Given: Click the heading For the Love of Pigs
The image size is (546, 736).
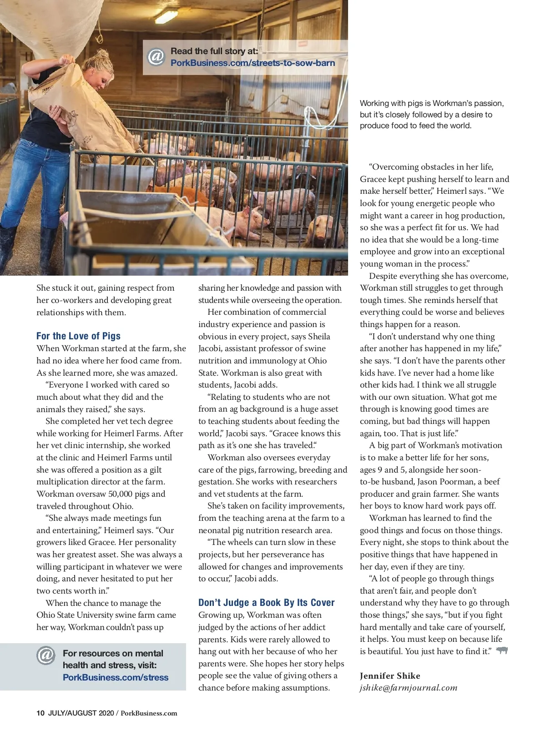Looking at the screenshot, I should tap(78, 336).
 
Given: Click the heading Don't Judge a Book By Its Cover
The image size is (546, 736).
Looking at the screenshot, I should tap(266, 603).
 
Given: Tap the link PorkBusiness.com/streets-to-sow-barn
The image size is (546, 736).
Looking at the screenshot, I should tap(253, 63).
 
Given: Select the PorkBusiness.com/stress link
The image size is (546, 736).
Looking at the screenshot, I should tap(116, 677).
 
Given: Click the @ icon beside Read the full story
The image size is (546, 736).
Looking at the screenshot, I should tap(156, 57).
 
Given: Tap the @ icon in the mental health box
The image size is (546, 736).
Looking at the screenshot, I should tap(46, 655).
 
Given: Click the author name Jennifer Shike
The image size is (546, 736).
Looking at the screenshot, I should tap(390, 676).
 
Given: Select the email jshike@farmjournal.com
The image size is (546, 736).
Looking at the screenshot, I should tap(408, 688).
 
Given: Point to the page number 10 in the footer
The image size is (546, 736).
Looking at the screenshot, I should tap(40, 713).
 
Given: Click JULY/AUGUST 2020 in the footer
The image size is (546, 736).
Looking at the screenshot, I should tap(81, 713).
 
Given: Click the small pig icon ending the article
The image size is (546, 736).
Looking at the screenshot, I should tap(502, 650).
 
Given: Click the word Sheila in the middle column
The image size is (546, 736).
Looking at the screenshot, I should tap(319, 337).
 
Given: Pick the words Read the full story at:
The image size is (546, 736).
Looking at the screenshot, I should tap(214, 51).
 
